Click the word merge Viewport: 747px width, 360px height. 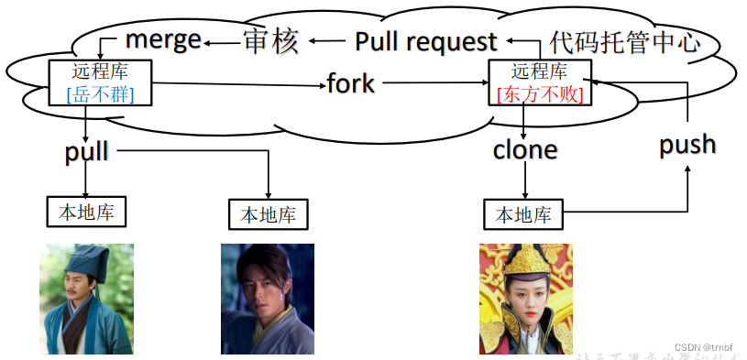coord(163,39)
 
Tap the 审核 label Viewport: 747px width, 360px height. coord(270,41)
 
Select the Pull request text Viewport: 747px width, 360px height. coord(425,41)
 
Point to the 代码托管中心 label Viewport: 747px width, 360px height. coord(625,41)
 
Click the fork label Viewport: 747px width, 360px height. coord(351,83)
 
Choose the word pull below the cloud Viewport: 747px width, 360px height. coord(87,151)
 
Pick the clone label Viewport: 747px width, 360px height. coord(525,149)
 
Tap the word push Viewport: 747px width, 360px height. coord(687,145)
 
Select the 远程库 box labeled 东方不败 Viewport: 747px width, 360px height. coord(540,82)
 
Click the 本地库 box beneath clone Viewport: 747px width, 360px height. coord(523,215)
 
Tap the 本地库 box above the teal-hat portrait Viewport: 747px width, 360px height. coord(86,212)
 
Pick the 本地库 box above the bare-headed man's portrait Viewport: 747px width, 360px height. coord(268,215)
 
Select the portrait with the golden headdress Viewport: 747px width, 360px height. coord(525,299)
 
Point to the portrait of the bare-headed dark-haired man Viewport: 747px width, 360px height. coord(267,299)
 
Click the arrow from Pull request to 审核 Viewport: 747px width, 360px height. coord(330,41)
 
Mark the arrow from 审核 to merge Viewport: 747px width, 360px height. coord(222,41)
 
